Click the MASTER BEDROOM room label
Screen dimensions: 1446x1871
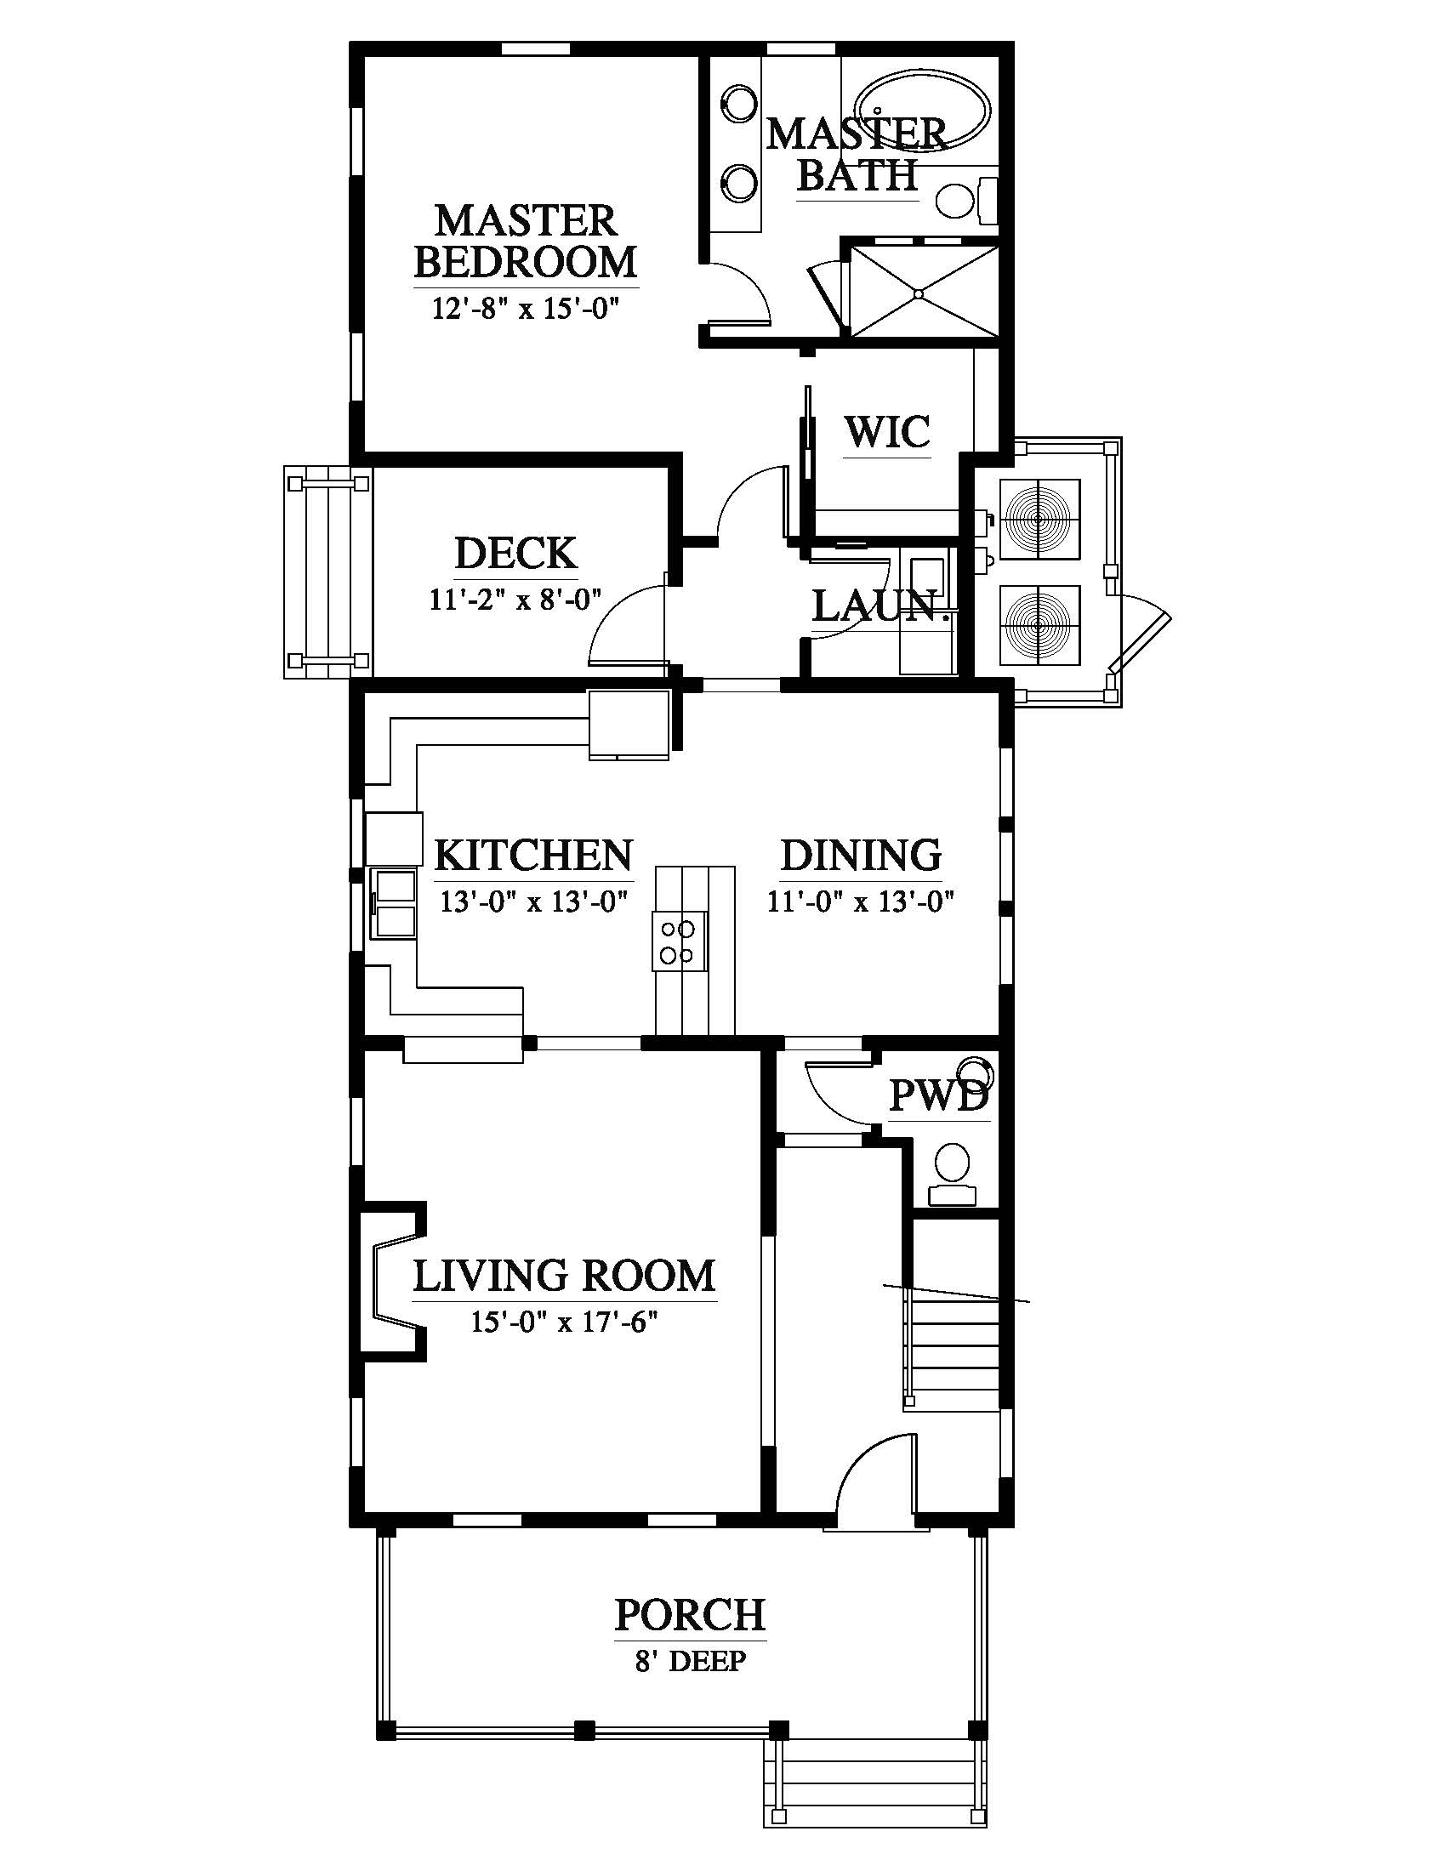(526, 241)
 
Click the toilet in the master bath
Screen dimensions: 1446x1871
(966, 201)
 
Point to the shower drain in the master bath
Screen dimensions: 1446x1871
(919, 293)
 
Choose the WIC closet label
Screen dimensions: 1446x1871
(887, 431)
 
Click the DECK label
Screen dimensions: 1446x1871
(515, 553)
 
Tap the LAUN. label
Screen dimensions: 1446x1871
(882, 606)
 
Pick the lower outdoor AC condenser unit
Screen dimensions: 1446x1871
(1039, 624)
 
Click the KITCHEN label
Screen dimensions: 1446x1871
(533, 854)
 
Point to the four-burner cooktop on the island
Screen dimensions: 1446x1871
(680, 941)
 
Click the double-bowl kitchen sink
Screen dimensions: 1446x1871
(393, 904)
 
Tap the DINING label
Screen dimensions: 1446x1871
(861, 854)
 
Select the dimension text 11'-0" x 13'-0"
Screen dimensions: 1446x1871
(861, 901)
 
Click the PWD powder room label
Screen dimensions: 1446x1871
(939, 1095)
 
